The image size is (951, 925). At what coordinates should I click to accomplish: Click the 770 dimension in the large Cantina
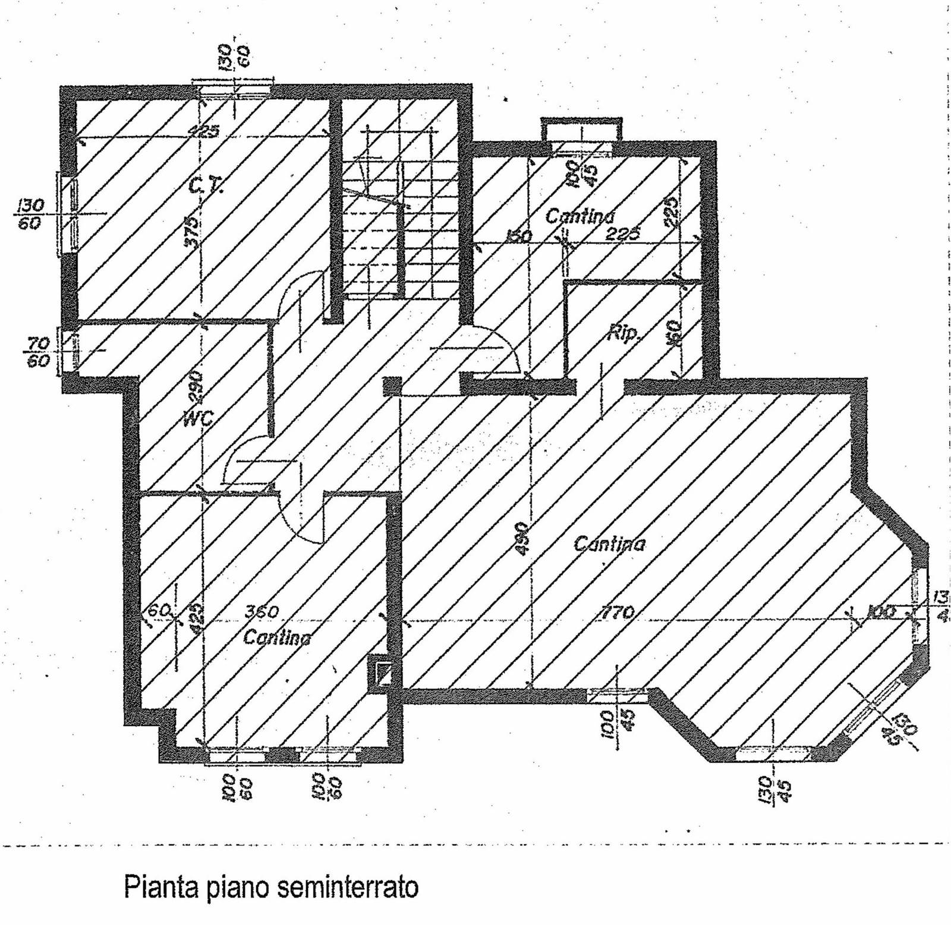point(619,612)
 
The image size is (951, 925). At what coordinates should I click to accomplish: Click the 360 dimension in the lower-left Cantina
point(262,611)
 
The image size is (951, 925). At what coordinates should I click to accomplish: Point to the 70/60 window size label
point(38,352)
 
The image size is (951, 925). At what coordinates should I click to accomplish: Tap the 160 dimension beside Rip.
point(675,334)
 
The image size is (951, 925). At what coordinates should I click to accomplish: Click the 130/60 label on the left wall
point(31,214)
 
